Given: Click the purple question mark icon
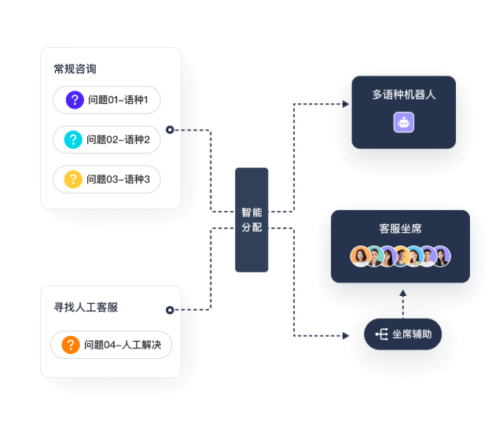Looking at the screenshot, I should (x=75, y=100).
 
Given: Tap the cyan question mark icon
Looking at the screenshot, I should (x=74, y=140).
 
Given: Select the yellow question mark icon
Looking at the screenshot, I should (x=74, y=179).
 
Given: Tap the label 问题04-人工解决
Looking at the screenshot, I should (x=122, y=345).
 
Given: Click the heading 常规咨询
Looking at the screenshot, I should (x=75, y=68).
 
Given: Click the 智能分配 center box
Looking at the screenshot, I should (x=251, y=220).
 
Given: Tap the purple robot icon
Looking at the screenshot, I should (x=404, y=122).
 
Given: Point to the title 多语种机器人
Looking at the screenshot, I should (x=404, y=94).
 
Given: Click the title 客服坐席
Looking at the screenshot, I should (x=400, y=229).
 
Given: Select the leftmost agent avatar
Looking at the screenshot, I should (x=361, y=257).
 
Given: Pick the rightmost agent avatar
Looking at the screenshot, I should (x=441, y=257).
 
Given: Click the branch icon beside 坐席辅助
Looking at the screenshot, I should (x=381, y=334).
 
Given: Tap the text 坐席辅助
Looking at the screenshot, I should (x=412, y=334).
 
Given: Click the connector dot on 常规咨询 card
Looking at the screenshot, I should (x=170, y=130).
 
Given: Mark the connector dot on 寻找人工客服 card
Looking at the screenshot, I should (x=170, y=310).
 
